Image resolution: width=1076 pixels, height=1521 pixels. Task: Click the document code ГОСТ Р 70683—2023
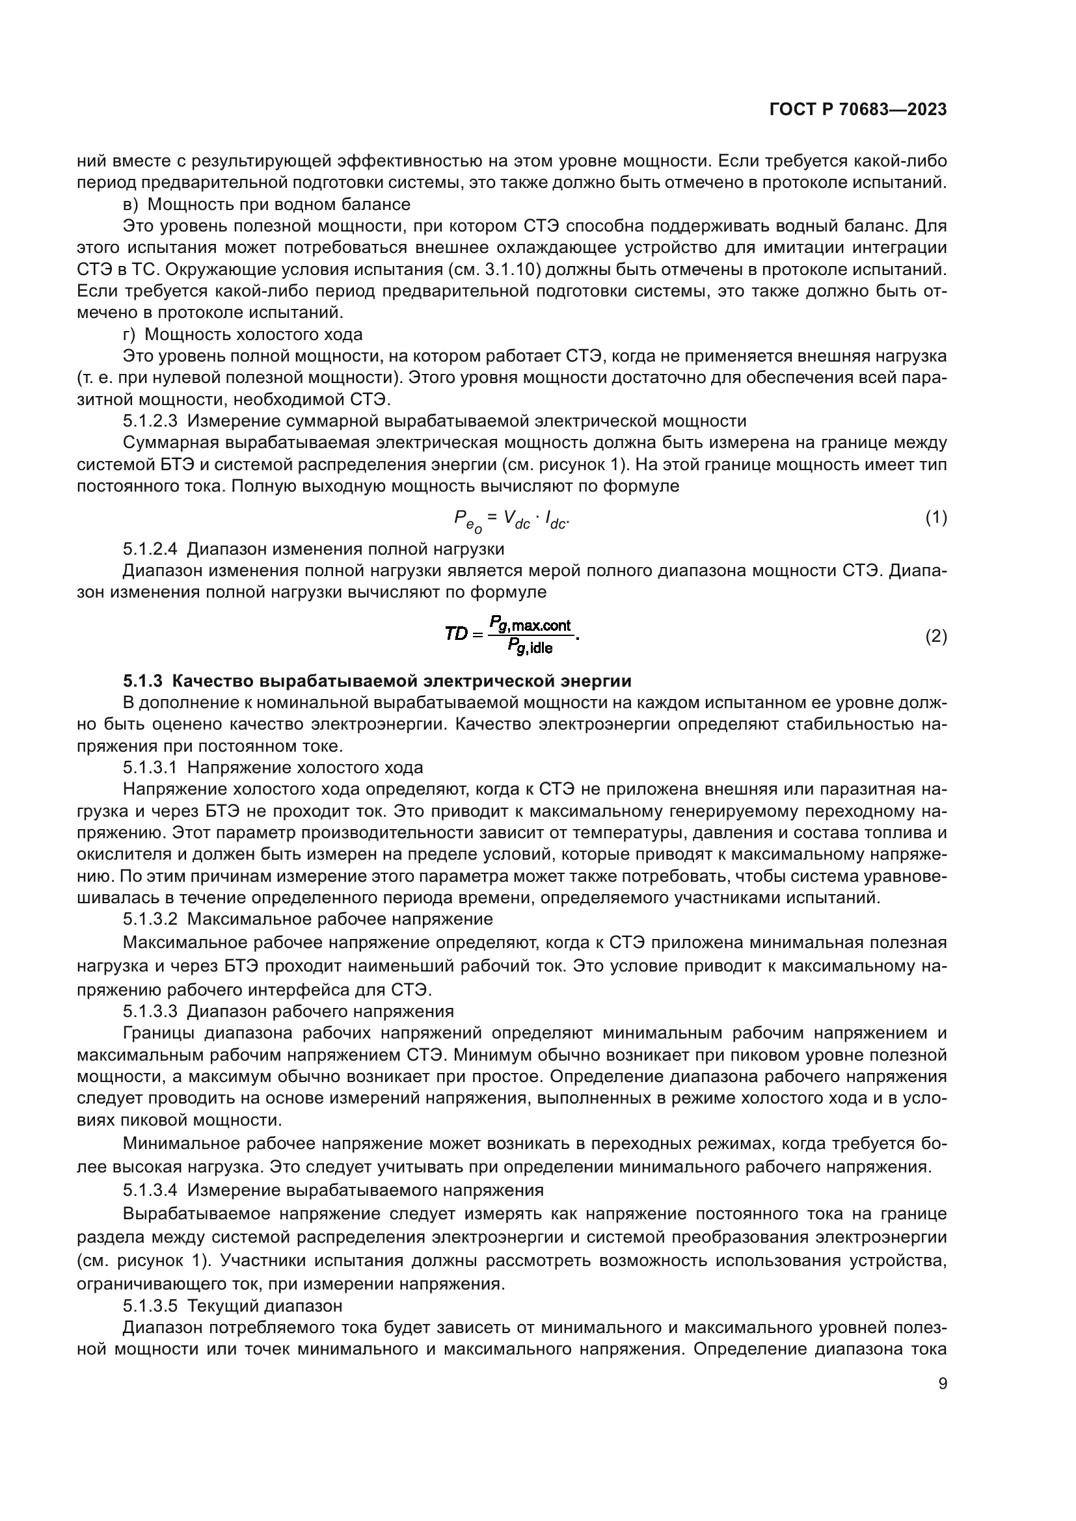857,110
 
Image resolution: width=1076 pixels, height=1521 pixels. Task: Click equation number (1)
935,518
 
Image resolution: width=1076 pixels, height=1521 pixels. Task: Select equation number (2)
935,637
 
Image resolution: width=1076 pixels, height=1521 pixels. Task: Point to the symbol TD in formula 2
456,634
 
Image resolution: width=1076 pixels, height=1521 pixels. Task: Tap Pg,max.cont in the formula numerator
530,624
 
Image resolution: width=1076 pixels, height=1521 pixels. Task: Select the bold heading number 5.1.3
142,681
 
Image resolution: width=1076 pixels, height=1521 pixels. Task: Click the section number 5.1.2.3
150,421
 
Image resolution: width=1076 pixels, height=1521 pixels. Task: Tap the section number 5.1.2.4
150,549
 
